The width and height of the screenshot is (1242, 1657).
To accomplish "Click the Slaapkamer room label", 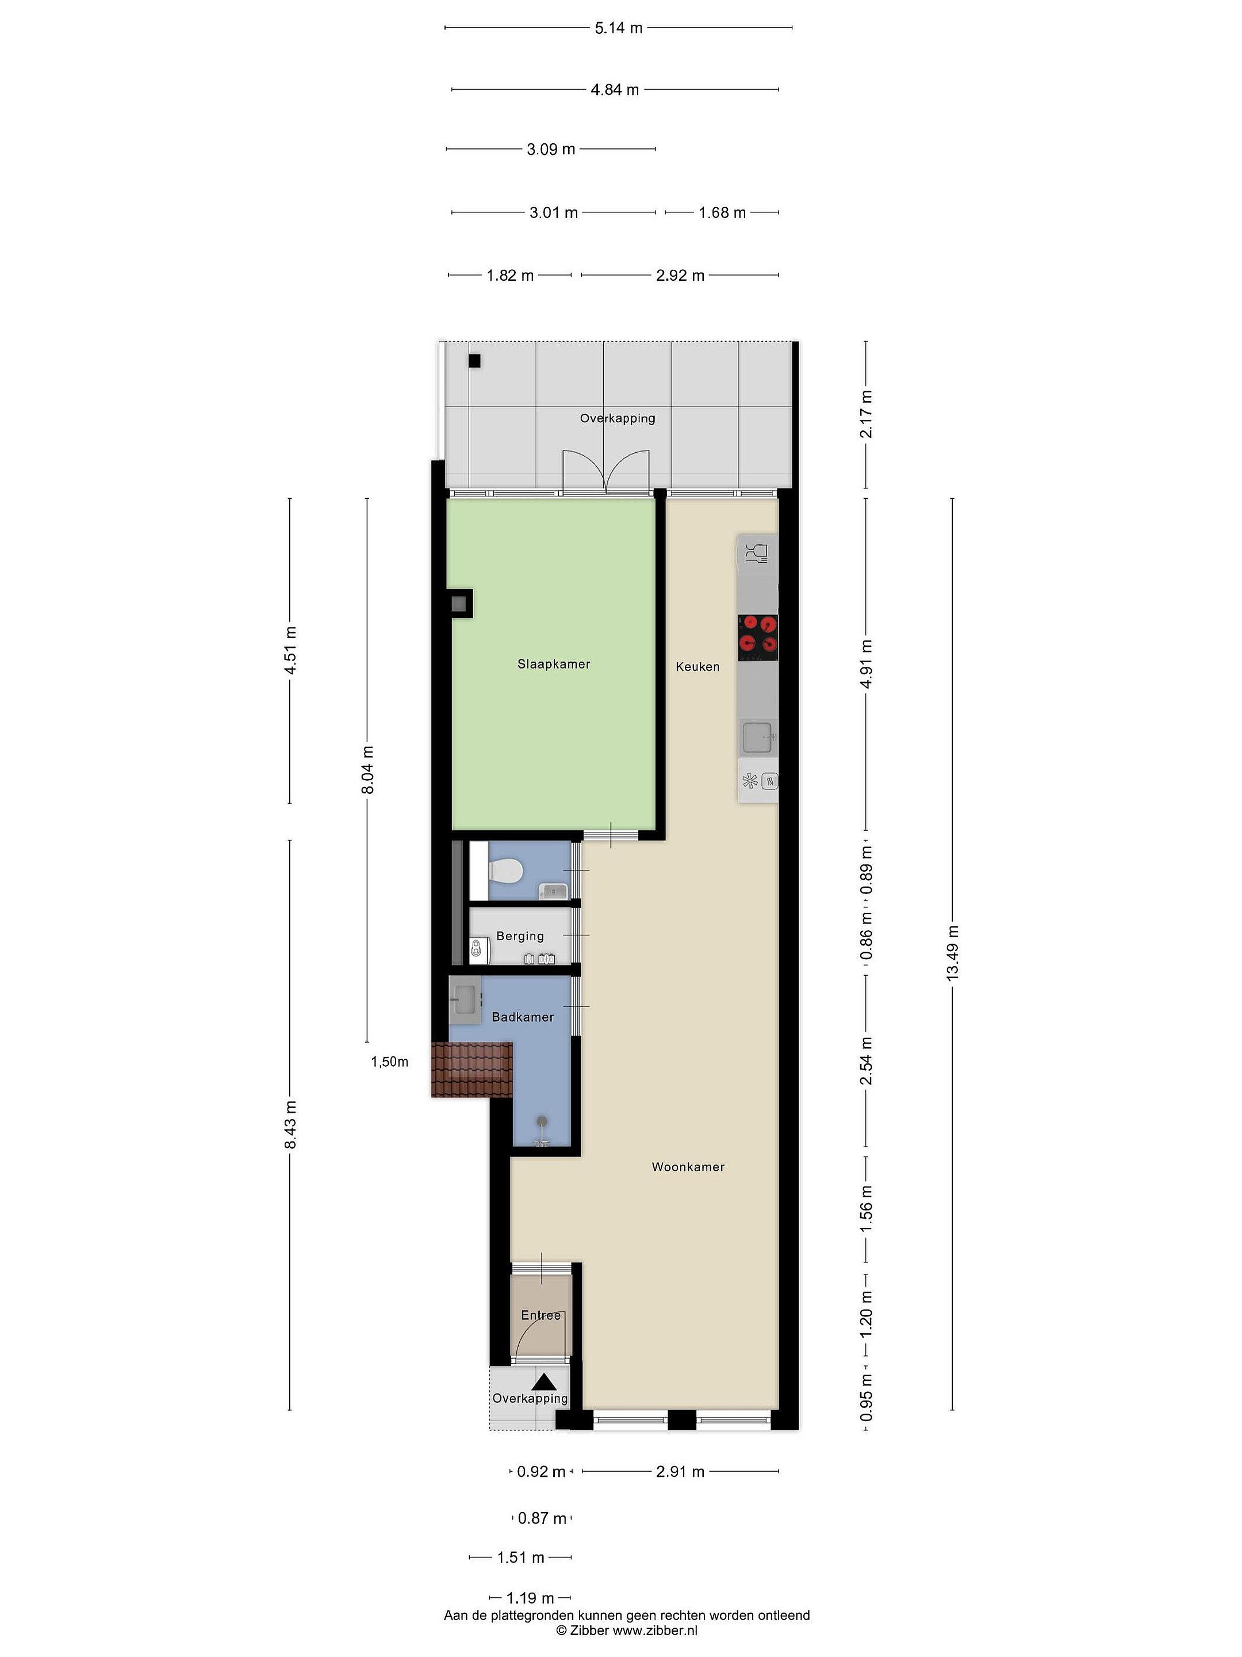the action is pyautogui.click(x=554, y=664).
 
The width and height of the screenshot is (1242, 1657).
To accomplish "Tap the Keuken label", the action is pyautogui.click(x=697, y=666).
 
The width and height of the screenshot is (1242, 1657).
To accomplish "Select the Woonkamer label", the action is pyautogui.click(x=688, y=1166).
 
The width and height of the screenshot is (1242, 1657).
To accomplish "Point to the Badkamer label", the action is pyautogui.click(x=523, y=1017).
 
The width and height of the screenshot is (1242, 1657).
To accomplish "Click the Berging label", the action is pyautogui.click(x=520, y=936).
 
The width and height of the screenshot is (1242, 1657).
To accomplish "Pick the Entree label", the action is pyautogui.click(x=540, y=1315).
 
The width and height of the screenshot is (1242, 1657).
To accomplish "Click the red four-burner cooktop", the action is pyautogui.click(x=758, y=637).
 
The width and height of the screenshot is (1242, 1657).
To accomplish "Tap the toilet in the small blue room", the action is pyautogui.click(x=505, y=871).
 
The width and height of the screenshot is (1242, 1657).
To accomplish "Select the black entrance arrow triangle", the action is pyautogui.click(x=545, y=1381).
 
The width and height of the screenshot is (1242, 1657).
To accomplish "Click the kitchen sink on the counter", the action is pyautogui.click(x=759, y=738).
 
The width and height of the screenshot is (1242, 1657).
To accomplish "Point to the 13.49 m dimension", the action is pyautogui.click(x=952, y=953).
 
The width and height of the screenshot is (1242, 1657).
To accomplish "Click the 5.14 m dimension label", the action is pyautogui.click(x=618, y=28).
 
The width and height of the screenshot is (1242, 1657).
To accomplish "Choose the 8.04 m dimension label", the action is pyautogui.click(x=367, y=770).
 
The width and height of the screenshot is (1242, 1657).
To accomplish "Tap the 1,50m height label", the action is pyautogui.click(x=390, y=1061).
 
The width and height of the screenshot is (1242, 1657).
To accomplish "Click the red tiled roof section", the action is pyautogui.click(x=471, y=1069).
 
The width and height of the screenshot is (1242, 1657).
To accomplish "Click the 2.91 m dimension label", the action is pyautogui.click(x=680, y=1471).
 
